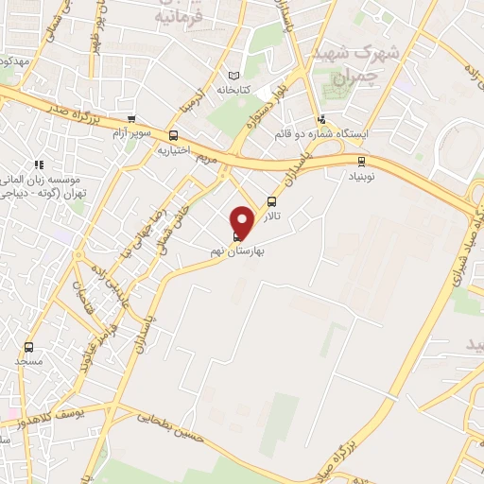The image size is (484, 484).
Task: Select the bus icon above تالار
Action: [x=272, y=201]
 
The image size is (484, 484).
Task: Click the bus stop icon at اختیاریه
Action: [x=172, y=136]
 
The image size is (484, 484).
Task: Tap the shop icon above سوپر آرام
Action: [x=131, y=120]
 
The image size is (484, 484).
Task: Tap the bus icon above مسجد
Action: [x=28, y=347]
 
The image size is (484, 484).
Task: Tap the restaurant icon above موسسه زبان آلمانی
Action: [x=39, y=164]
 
